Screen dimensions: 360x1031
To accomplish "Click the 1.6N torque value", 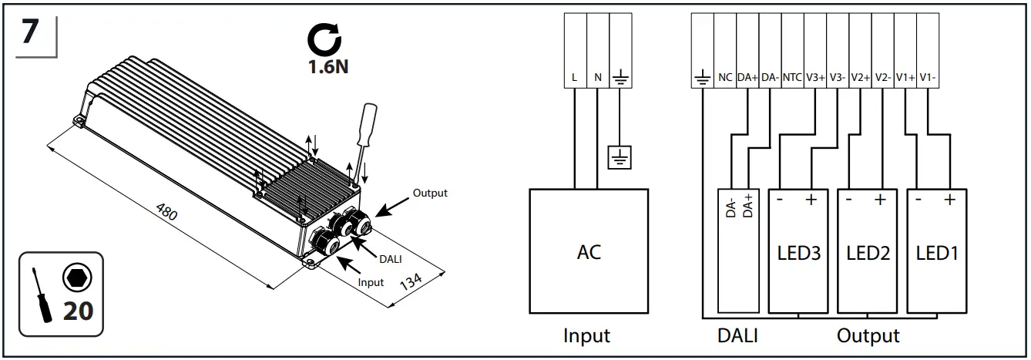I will point(327,66).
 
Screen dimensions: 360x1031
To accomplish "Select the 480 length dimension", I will point(166,213).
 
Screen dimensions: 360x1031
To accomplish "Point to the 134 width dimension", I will point(411,286).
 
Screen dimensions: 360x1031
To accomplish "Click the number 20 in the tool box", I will point(78,311).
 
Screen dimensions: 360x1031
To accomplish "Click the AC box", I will point(589,251).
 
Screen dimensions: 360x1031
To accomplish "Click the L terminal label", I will point(575,78).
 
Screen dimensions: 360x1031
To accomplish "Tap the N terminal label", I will point(597,78).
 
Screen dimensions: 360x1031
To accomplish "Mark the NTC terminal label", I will point(792,78).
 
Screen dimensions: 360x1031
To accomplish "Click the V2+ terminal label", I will point(860,78).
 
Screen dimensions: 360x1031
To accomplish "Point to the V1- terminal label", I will point(928,78).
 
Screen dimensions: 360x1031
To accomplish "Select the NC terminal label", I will point(724,78).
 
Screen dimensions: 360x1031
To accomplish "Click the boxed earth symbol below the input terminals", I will point(620,157).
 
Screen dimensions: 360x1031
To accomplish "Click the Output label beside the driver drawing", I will point(430,193).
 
